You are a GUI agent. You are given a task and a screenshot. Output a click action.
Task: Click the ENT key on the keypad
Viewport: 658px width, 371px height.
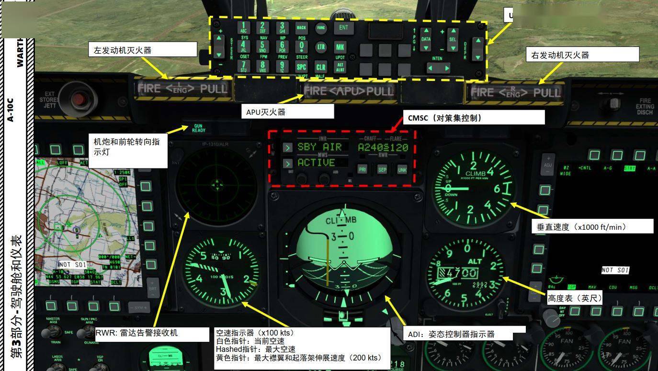tap(344, 28)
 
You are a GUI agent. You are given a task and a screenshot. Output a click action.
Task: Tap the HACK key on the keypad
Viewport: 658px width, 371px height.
tap(301, 28)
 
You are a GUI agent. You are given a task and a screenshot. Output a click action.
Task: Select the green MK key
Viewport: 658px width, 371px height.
tap(340, 47)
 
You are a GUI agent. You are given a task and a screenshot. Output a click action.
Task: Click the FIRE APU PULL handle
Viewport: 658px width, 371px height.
tap(349, 90)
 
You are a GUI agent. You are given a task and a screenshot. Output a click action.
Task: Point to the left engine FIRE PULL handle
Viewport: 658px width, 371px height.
tap(182, 89)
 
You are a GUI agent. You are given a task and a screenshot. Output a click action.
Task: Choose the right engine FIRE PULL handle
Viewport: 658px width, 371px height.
tap(515, 92)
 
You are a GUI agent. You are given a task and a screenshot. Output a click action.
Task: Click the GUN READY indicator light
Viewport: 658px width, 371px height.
tap(198, 128)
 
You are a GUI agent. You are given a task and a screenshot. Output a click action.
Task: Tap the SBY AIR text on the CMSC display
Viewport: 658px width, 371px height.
tap(319, 147)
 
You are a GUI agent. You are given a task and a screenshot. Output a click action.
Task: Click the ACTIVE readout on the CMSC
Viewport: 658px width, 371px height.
tap(316, 162)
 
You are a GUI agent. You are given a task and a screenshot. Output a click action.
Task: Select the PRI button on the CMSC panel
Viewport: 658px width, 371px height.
tap(363, 169)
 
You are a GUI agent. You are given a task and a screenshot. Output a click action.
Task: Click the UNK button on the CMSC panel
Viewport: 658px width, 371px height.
tap(402, 169)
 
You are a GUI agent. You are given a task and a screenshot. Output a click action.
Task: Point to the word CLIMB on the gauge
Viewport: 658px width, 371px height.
tap(475, 173)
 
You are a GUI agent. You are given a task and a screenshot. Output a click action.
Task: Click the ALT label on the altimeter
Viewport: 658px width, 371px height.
tap(475, 261)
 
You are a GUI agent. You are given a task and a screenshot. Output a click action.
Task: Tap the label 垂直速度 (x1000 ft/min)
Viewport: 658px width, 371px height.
tap(592, 227)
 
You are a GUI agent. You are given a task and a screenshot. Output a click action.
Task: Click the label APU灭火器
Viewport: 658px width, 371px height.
tap(287, 112)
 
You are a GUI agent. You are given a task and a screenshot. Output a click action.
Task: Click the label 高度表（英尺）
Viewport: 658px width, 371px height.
tap(575, 298)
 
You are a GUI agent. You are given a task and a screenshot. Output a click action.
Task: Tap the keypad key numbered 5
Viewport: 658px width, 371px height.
tap(262, 46)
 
